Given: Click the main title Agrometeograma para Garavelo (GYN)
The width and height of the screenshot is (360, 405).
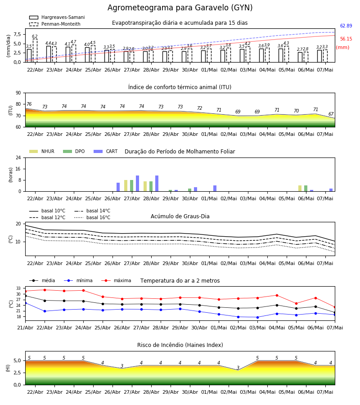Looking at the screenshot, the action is click(x=180, y=8).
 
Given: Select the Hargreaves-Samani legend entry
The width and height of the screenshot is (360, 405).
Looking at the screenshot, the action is click(x=57, y=17).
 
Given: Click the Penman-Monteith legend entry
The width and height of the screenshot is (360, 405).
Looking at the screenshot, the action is click(x=55, y=24).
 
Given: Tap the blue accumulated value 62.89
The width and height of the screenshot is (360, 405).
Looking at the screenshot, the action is click(x=346, y=26).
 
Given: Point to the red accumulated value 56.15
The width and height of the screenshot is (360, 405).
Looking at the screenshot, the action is click(x=346, y=39).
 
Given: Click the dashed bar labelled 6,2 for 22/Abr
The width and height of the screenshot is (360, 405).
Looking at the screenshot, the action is click(x=35, y=50).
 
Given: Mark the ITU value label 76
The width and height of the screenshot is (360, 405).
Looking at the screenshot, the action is click(x=29, y=104).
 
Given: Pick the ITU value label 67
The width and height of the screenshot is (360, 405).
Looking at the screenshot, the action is click(x=331, y=114).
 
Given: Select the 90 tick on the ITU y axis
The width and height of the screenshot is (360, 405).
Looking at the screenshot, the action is click(x=18, y=93).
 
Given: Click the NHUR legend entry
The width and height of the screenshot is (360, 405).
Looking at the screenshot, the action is click(x=42, y=151).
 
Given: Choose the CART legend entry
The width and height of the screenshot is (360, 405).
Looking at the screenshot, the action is click(x=106, y=151).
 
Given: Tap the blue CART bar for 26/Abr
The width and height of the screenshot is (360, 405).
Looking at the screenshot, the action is click(x=118, y=187).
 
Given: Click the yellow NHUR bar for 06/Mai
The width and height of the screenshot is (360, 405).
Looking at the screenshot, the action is click(x=300, y=189).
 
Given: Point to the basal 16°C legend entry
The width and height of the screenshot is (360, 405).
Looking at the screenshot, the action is click(x=92, y=217).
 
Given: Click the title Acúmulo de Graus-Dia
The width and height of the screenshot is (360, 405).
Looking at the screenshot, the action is click(x=180, y=216).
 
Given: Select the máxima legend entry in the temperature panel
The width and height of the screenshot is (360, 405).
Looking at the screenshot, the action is click(x=116, y=280).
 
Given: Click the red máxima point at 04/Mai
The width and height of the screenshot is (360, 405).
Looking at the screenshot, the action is click(x=277, y=295).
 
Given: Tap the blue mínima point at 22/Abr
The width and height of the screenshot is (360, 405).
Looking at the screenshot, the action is click(x=45, y=311).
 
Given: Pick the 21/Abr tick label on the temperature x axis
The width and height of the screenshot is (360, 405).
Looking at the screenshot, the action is click(x=25, y=328).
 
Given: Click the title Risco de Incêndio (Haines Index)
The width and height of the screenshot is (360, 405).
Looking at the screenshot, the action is click(x=180, y=345).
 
